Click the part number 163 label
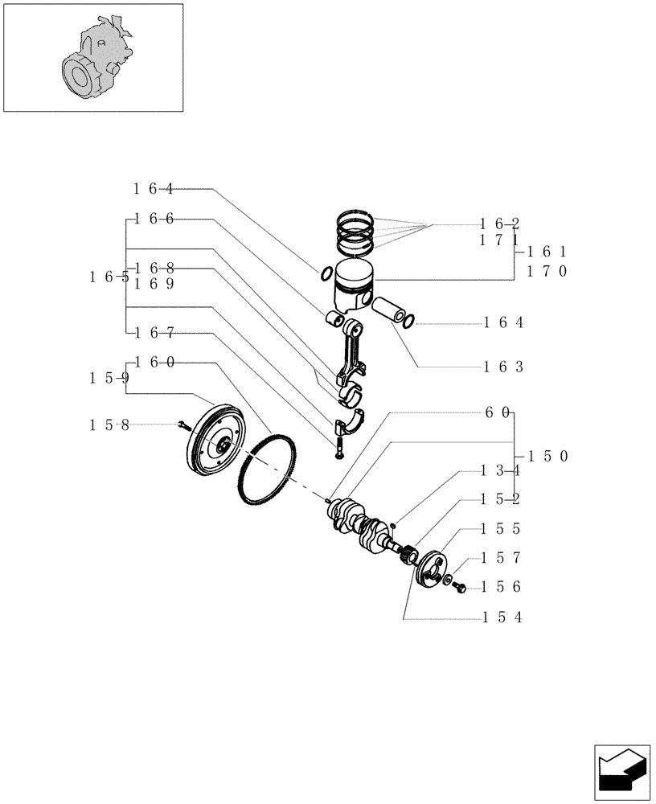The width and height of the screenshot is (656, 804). tap(503, 367)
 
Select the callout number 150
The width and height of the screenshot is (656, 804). tap(547, 456)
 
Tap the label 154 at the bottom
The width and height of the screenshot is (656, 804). tap(503, 617)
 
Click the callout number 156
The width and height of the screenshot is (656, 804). tap(503, 588)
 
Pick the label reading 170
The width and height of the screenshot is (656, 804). tap(547, 271)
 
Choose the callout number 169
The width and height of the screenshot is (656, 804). tap(154, 283)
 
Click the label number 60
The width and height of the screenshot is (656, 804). tap(497, 412)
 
